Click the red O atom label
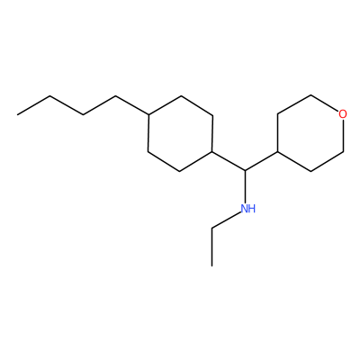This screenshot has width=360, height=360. pyautogui.click(x=343, y=114)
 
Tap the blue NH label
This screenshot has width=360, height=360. pyautogui.click(x=248, y=209)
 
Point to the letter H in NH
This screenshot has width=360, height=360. pyautogui.click(x=252, y=209)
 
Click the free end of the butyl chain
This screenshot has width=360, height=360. pyautogui.click(x=17, y=114)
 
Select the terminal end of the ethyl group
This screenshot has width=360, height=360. pyautogui.click(x=211, y=265)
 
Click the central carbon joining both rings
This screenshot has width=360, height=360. pyautogui.click(x=245, y=171)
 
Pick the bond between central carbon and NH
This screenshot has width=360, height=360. pyautogui.click(x=245, y=186)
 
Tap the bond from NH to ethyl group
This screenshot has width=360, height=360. pyautogui.click(x=227, y=220)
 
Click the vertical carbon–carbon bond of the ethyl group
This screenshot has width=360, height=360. pyautogui.click(x=211, y=247)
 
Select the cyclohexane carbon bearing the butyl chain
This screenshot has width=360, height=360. pyautogui.click(x=148, y=114)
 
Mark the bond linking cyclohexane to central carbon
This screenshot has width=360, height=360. pyautogui.click(x=229, y=161)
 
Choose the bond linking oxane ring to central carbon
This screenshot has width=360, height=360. pyautogui.click(x=262, y=161)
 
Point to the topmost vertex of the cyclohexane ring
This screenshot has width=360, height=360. pyautogui.click(x=181, y=95)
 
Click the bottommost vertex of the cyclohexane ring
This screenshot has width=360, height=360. pyautogui.click(x=179, y=171)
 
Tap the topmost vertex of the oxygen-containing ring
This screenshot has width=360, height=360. pyautogui.click(x=310, y=95)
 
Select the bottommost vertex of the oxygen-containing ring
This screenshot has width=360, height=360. pyautogui.click(x=310, y=171)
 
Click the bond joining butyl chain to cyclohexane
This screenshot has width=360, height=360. pyautogui.click(x=132, y=105)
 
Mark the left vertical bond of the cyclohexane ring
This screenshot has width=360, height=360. pyautogui.click(x=148, y=133)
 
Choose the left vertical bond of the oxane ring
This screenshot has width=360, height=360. pyautogui.click(x=278, y=133)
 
